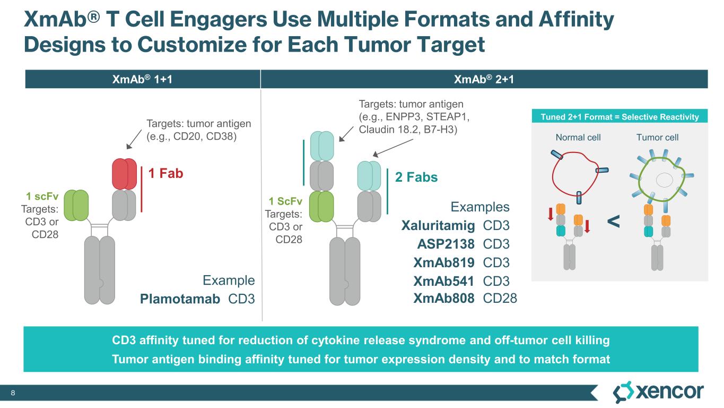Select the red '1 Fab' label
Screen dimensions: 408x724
(x=165, y=173)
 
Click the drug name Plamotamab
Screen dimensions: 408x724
(x=180, y=299)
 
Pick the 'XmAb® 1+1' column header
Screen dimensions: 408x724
(x=143, y=79)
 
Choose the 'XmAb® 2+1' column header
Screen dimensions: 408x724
(x=484, y=79)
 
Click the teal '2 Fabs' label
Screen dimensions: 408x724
(x=416, y=177)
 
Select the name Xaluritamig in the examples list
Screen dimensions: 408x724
(x=438, y=226)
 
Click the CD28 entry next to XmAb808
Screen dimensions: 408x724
(x=500, y=299)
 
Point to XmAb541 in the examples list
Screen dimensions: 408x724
(x=443, y=281)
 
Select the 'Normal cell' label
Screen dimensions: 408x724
(x=578, y=137)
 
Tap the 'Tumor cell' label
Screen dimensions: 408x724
(x=658, y=137)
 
